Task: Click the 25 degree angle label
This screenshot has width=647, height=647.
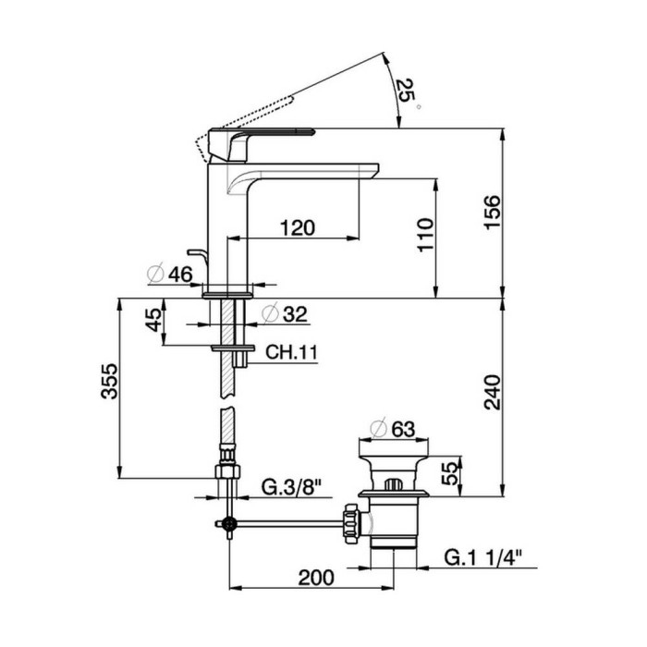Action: click(x=408, y=92)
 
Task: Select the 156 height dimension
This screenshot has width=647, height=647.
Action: click(x=493, y=212)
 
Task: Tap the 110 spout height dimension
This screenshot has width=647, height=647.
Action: click(x=426, y=235)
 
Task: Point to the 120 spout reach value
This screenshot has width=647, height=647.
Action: click(x=298, y=227)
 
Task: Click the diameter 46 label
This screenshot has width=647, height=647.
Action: click(x=170, y=274)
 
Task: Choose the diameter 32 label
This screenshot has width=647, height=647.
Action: click(x=285, y=314)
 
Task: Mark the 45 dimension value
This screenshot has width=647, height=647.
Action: click(x=154, y=320)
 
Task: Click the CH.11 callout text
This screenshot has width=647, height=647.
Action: click(x=292, y=353)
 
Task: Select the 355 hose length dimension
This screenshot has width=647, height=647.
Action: click(x=109, y=381)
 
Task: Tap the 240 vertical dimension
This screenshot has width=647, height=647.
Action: click(x=493, y=392)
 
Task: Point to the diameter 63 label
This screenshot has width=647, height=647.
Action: click(x=393, y=429)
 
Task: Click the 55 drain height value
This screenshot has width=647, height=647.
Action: click(x=450, y=473)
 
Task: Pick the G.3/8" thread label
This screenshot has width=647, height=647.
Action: click(x=291, y=488)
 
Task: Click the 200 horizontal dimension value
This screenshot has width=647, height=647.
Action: click(x=316, y=578)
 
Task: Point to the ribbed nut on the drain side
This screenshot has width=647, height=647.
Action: click(x=350, y=524)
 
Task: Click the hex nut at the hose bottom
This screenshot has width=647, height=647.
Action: click(x=227, y=471)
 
